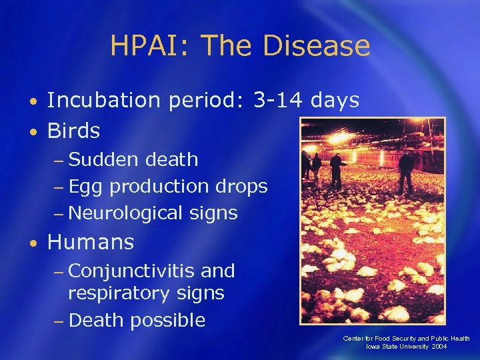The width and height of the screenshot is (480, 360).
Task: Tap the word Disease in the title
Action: point(316,46)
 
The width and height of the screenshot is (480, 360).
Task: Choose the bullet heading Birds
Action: point(73,131)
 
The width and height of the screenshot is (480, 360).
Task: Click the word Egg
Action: point(86,187)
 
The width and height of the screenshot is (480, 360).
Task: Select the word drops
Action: point(241,187)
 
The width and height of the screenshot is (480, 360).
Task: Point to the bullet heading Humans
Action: point(91,242)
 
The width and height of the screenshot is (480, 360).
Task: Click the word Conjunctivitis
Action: point(131,271)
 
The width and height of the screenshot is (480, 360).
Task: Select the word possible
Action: point(167,321)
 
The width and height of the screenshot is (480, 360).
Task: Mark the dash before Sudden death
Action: point(59,161)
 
